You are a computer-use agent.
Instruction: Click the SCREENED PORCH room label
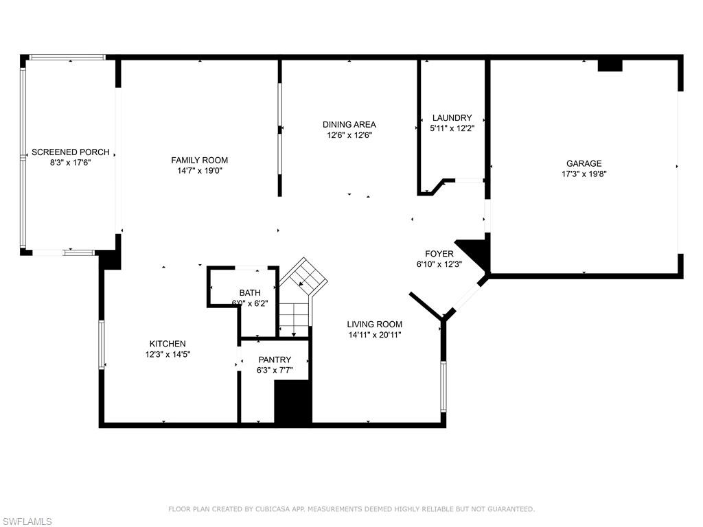tap(71, 152)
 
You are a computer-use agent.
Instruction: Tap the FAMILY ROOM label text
tap(200, 161)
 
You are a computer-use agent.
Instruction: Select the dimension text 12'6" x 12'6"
tap(349, 135)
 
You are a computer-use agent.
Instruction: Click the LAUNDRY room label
tap(452, 118)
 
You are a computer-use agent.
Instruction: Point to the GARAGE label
tap(584, 163)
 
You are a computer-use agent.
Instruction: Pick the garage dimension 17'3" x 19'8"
tap(584, 174)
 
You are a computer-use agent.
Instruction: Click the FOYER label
tap(439, 254)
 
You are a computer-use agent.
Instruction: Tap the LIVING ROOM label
tap(374, 324)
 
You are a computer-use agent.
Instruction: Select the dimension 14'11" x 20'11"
tap(374, 335)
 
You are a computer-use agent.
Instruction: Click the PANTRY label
tap(275, 360)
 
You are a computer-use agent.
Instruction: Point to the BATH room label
tap(250, 292)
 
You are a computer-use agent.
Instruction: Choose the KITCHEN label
tap(168, 344)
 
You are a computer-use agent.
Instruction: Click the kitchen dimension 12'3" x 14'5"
tap(168, 355)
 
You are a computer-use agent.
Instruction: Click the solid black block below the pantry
tap(292, 401)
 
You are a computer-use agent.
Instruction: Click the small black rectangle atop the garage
tap(610, 65)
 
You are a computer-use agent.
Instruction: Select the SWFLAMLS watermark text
tap(26, 522)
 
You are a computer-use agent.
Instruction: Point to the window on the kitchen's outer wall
tap(102, 344)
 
